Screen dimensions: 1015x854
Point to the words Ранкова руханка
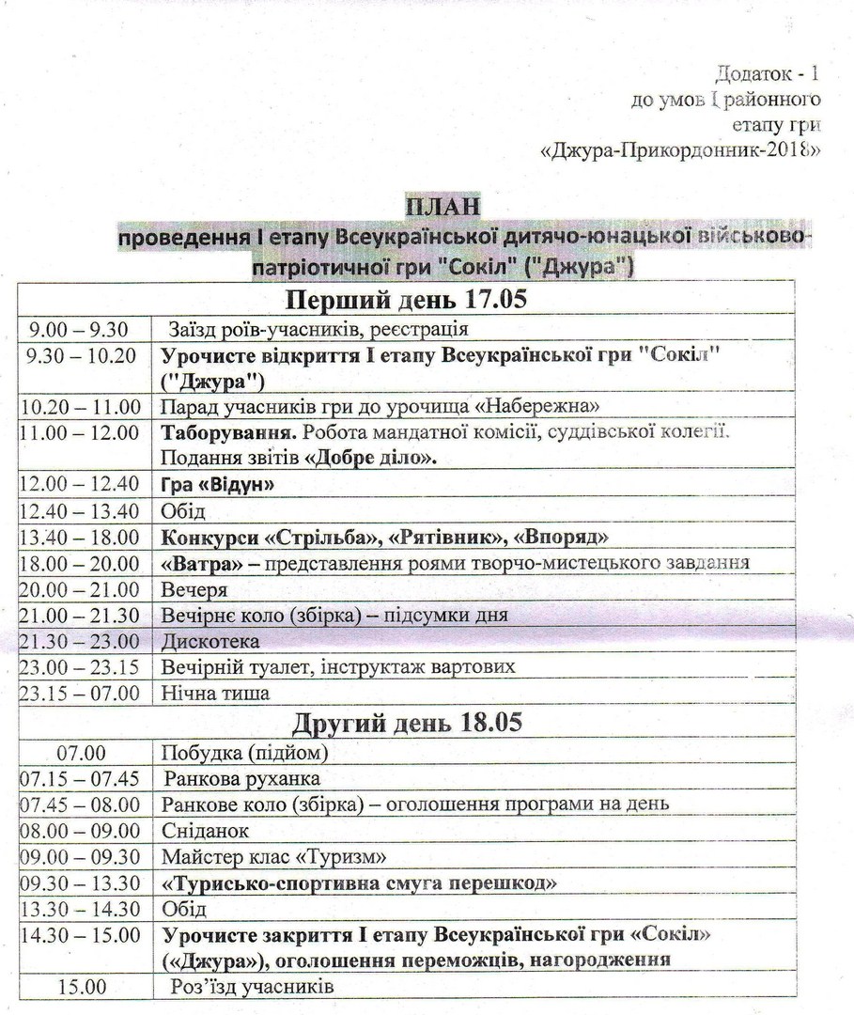point(241,779)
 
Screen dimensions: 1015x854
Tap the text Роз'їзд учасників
point(252,988)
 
